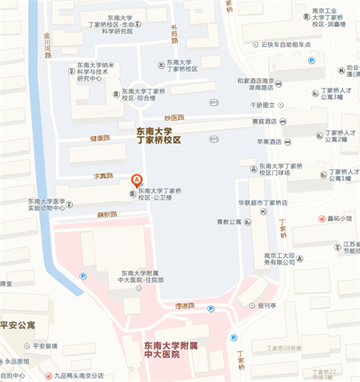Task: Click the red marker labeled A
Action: pos(137,181)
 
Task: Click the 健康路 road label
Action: pos(99,138)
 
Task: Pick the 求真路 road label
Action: pos(104,175)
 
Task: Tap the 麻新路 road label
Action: pos(107,214)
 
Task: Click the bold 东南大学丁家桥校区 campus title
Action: pos(154,134)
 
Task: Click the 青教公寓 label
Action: pos(228,222)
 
